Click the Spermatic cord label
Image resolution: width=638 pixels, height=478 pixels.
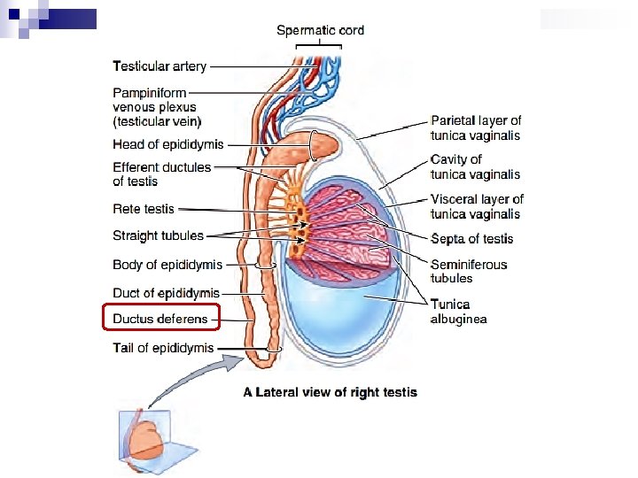320,30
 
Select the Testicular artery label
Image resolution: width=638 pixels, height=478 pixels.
159,66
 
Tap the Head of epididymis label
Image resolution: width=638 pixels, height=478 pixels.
168,144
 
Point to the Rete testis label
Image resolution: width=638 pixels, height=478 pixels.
144,209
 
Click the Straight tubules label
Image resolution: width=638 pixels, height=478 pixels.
158,235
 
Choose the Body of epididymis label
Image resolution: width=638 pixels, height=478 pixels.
167,265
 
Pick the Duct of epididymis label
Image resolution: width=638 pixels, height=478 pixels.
166,293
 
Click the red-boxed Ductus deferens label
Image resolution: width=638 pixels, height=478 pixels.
159,319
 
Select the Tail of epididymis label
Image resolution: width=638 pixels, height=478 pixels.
163,348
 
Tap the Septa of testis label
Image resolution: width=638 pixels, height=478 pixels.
471,238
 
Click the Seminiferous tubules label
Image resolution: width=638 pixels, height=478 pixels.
469,271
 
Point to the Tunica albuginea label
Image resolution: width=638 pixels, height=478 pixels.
458,312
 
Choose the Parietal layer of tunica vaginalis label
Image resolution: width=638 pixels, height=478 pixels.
476,127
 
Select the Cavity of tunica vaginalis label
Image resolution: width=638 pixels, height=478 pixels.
475,166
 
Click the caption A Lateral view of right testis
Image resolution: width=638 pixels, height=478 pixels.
330,392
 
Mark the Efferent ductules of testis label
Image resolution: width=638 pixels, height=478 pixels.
162,173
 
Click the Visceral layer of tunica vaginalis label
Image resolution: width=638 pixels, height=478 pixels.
477,206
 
